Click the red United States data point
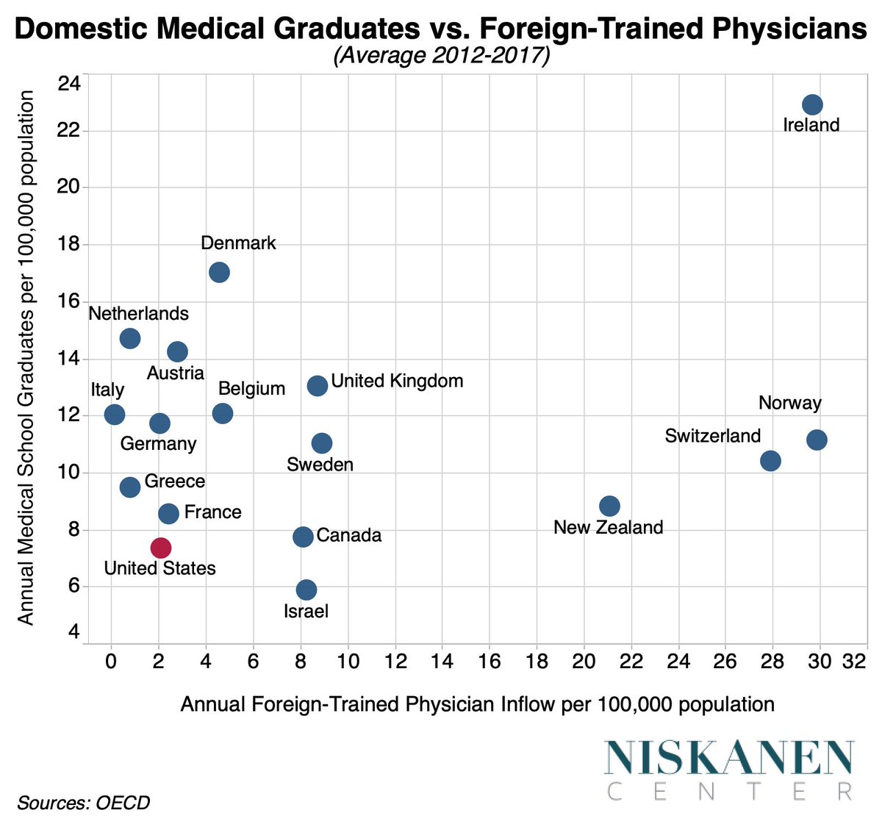161,548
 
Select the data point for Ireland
812,104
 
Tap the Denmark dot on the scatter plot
219,272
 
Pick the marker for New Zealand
609,506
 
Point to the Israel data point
306,590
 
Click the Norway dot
817,440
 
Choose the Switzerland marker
770,461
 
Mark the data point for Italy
115,414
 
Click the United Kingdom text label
397,381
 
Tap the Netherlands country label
138,314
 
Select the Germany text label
158,444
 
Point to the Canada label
348,535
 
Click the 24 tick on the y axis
69,83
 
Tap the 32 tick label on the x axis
855,660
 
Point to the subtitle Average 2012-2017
441,57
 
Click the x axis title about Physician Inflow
477,704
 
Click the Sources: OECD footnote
83,802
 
